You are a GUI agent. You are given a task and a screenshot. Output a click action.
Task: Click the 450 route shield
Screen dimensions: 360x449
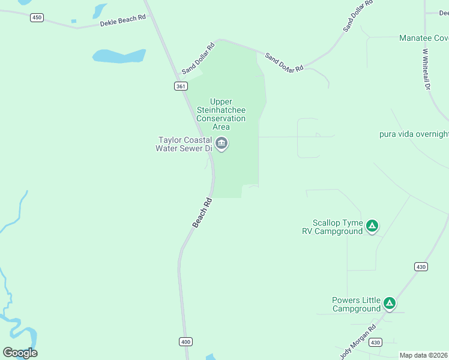(x=37, y=17)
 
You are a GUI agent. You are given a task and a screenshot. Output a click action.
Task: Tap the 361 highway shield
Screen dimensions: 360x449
(x=181, y=86)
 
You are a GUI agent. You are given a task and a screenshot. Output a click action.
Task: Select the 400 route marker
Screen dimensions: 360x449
(x=185, y=341)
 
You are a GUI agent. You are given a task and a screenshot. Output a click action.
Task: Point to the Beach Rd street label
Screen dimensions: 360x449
(x=203, y=212)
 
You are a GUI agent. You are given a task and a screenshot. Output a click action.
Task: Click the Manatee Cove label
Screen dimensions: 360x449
(x=424, y=38)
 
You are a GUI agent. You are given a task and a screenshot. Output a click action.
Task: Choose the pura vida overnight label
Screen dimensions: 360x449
(x=414, y=134)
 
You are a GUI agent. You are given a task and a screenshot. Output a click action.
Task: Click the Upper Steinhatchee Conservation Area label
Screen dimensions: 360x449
(x=221, y=114)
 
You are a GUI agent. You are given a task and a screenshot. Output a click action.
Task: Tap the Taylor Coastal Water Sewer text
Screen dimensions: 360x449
(x=183, y=144)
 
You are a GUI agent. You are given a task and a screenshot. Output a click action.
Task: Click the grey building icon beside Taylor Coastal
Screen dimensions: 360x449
(x=221, y=144)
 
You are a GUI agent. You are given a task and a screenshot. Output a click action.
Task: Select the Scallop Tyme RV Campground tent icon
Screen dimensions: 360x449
(x=372, y=226)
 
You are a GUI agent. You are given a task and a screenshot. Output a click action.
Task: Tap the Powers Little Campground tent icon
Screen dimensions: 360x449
(x=390, y=304)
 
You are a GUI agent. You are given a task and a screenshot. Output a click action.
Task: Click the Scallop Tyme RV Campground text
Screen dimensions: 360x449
(x=333, y=226)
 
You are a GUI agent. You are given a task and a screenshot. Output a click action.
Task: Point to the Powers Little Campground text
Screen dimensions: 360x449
(x=357, y=304)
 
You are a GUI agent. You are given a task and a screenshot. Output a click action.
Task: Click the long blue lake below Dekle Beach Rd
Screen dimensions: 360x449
(x=119, y=56)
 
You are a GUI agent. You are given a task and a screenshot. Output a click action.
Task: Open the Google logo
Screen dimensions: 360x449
(x=20, y=353)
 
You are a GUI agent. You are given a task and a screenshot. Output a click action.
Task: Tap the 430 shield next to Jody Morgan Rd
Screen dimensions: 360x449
(x=376, y=342)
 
